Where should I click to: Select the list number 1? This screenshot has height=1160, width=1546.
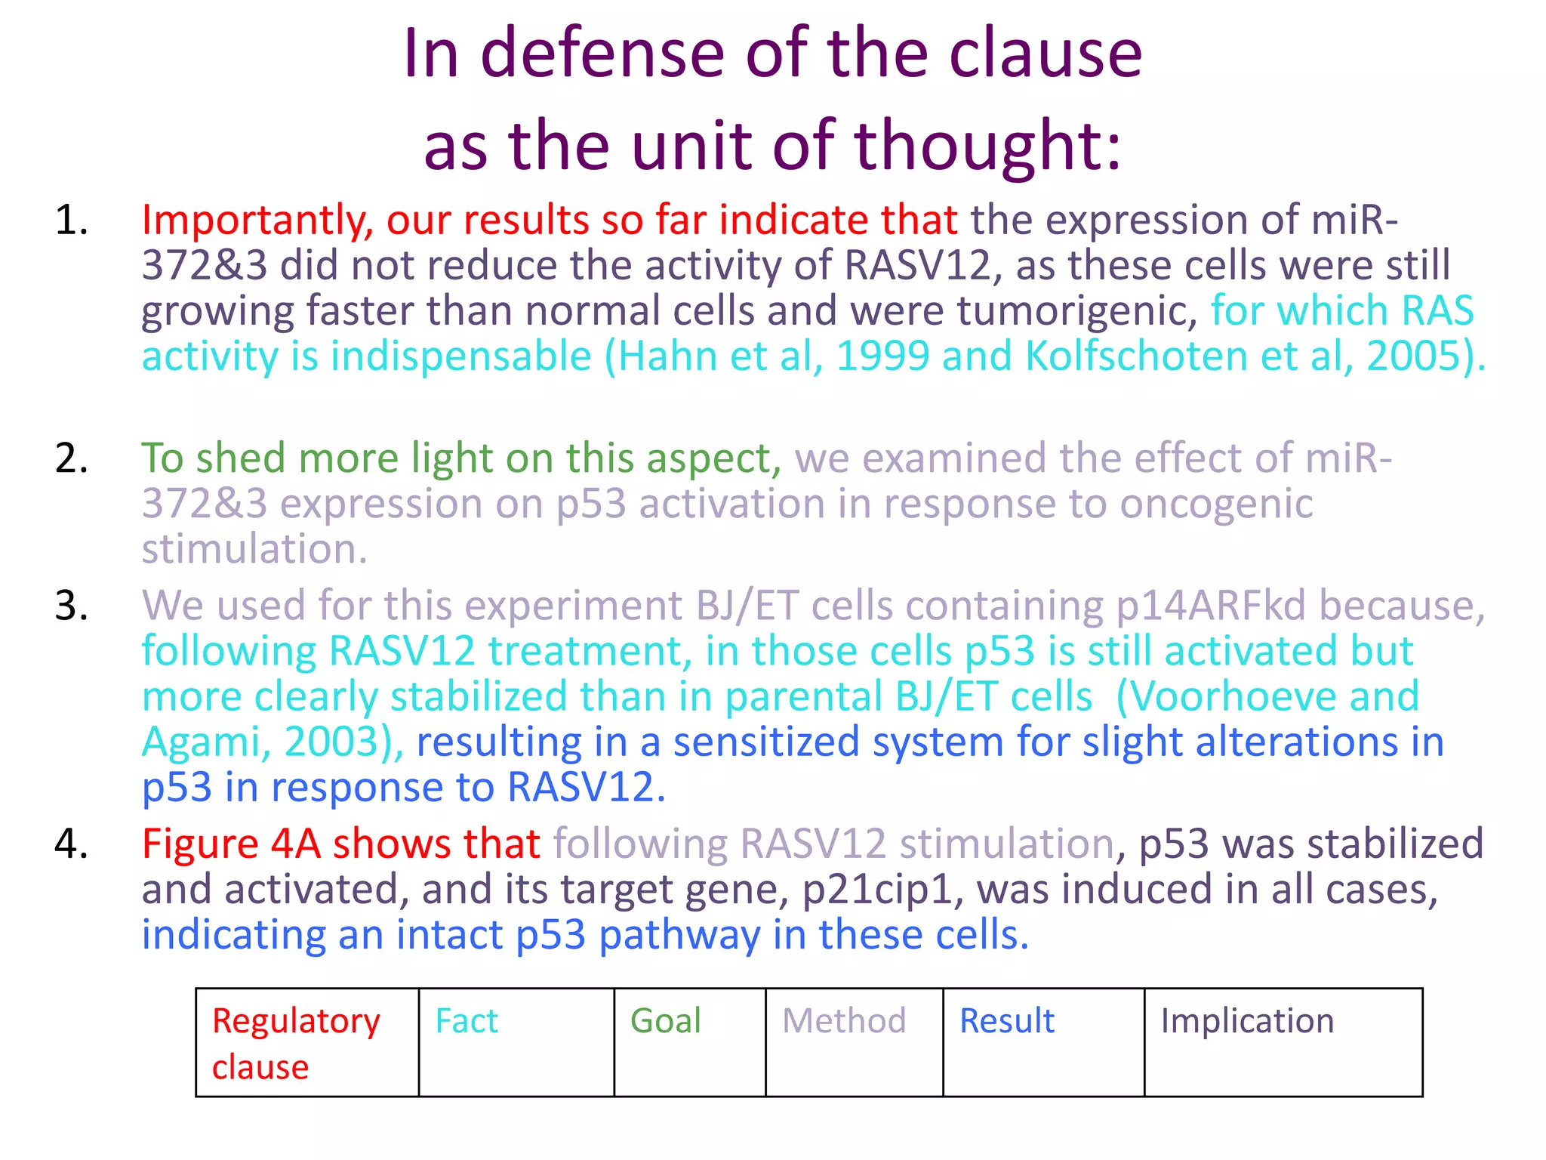pos(72,221)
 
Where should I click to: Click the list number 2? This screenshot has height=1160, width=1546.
pos(72,458)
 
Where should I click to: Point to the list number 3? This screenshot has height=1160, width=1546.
pos(72,606)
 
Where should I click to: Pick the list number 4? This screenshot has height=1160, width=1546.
pos(72,844)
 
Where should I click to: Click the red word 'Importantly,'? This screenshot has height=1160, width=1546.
pos(257,221)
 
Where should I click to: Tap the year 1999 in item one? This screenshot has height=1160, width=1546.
pos(882,356)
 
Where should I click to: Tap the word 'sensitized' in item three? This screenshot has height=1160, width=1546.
pos(766,742)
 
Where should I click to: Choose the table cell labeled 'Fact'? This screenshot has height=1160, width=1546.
pos(516,1041)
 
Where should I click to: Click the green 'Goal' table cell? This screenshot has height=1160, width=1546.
pos(689,1041)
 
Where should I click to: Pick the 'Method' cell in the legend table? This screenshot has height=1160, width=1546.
pos(854,1041)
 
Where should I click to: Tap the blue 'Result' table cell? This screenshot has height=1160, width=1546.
pos(1043,1041)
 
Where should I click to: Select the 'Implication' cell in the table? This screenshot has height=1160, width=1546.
pos(1283,1041)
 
